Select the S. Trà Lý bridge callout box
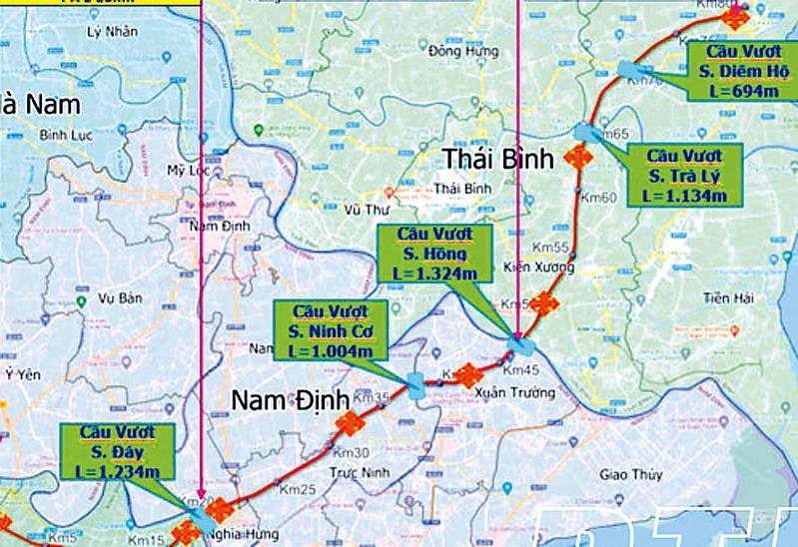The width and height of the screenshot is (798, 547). [x=685, y=176]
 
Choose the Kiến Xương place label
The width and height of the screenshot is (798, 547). [x=531, y=267]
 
